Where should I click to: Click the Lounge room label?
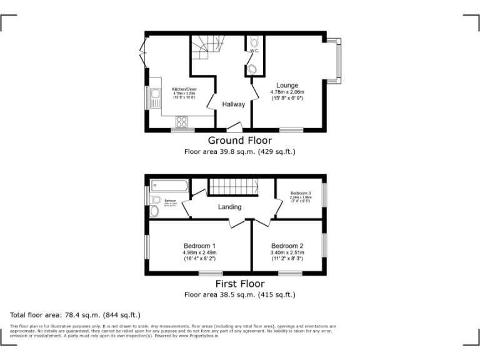287,85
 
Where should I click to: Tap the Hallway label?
234,104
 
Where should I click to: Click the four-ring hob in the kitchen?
182,121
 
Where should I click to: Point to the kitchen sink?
154,100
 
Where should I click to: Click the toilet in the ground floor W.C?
254,42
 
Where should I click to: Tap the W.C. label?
254,51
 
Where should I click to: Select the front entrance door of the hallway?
234,127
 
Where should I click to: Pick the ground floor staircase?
203,47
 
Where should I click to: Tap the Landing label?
229,207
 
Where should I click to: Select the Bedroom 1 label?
200,245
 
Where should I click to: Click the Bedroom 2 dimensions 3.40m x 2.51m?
287,252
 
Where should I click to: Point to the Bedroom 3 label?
300,193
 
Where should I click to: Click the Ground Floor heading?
239,141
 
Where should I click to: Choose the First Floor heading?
239,284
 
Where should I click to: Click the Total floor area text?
76,315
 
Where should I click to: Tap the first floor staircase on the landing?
233,186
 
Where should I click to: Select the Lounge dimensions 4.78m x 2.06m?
287,92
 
